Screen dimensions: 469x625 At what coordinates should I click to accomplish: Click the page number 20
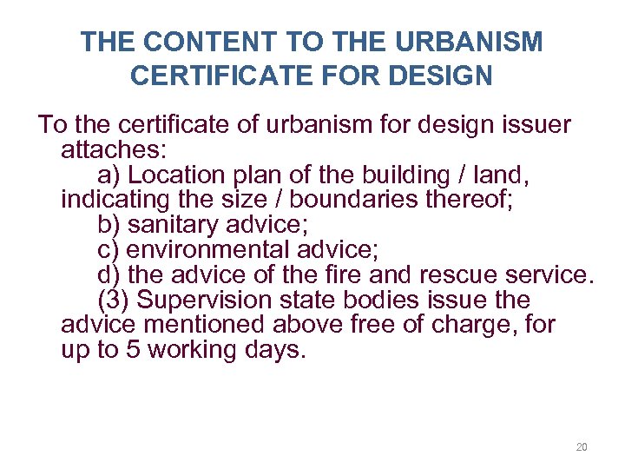pyautogui.click(x=582, y=447)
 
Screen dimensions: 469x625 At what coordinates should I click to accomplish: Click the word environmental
pyautogui.click(x=207, y=250)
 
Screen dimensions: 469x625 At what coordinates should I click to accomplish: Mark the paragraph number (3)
pyautogui.click(x=113, y=301)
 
